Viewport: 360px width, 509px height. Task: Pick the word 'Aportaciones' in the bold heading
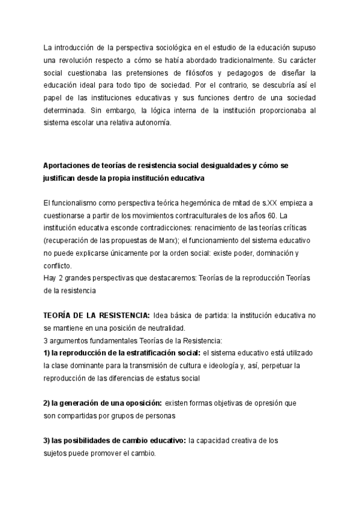click(x=68, y=166)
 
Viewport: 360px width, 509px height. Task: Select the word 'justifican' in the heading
click(x=61, y=178)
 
